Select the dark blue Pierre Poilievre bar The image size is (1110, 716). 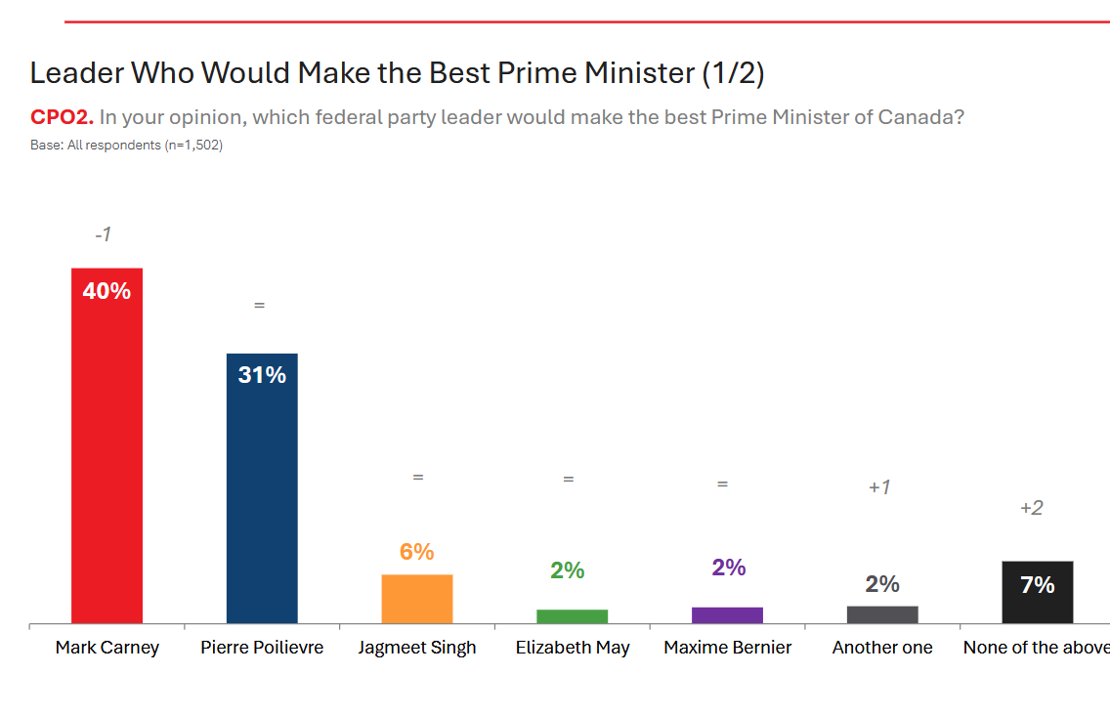[x=262, y=488]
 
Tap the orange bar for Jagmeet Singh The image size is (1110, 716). [x=417, y=599]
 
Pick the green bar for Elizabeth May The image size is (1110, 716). [x=573, y=616]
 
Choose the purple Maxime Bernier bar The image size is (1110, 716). [x=727, y=615]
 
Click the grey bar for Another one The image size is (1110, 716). [x=882, y=614]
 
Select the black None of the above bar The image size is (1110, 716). [x=1037, y=592]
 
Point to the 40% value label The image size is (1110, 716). [x=107, y=290]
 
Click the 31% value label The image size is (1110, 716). [x=262, y=374]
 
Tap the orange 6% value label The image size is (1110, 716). [x=417, y=551]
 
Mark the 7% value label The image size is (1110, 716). [x=1037, y=584]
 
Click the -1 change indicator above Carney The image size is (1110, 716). [x=104, y=234]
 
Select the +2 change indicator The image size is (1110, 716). [x=1031, y=508]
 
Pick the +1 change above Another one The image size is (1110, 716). [x=879, y=486]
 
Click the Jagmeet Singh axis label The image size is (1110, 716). [x=417, y=648]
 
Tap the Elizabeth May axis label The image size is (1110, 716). [x=573, y=648]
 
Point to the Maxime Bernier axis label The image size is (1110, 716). [x=728, y=648]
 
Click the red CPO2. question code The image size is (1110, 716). [x=62, y=117]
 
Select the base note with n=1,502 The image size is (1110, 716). [x=127, y=146]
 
